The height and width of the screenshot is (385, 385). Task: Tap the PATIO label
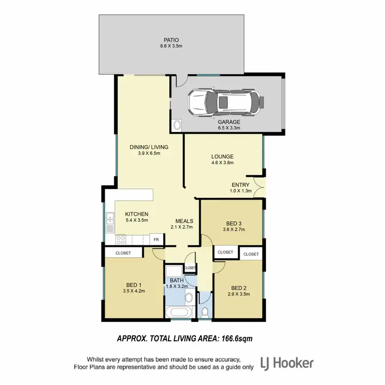[171, 39]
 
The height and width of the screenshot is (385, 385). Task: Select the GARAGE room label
[229, 122]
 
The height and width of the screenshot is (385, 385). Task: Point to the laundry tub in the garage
[177, 125]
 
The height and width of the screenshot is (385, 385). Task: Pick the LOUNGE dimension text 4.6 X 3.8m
[222, 163]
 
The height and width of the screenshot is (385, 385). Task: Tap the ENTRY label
[240, 185]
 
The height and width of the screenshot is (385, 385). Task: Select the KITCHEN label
[137, 214]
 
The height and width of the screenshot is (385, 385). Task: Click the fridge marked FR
[156, 240]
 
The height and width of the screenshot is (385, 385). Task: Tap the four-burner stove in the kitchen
[121, 240]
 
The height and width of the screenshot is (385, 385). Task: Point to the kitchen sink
[110, 224]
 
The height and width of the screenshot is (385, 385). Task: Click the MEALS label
[184, 221]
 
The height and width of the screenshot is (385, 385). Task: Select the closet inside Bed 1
[123, 253]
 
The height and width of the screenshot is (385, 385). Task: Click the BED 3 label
[234, 223]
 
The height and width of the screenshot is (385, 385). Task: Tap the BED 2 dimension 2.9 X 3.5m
[239, 294]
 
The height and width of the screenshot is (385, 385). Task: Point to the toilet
[204, 311]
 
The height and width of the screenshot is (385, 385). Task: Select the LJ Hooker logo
[287, 363]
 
